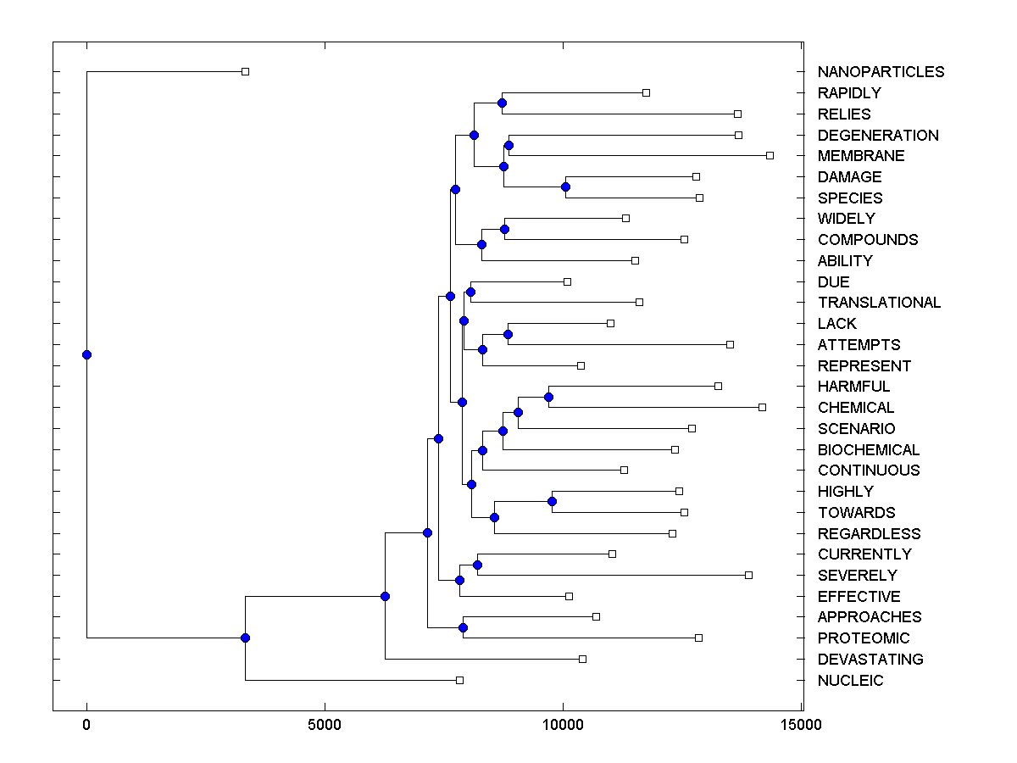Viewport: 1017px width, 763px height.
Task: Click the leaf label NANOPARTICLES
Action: coord(881,72)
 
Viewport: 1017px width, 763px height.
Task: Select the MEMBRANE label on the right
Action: coord(861,156)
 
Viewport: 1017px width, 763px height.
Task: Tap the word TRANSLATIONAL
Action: coord(879,303)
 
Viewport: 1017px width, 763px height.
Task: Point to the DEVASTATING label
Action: coord(870,660)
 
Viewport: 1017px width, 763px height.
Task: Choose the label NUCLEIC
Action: coord(850,681)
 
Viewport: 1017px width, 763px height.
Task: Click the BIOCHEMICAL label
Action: coord(869,450)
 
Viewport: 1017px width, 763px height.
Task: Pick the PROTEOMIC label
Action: coord(864,638)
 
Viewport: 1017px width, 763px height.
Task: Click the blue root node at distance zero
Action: coord(86,354)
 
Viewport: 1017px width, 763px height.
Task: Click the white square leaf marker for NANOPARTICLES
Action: coord(245,72)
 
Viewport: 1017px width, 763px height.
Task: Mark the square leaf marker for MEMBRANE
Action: coord(770,155)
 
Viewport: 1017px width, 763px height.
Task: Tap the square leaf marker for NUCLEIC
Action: coord(459,680)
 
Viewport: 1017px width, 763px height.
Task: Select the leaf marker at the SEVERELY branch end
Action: coord(748,575)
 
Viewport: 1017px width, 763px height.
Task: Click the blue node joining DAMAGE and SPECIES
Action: coord(565,187)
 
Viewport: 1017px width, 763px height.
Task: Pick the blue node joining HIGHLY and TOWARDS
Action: coord(552,501)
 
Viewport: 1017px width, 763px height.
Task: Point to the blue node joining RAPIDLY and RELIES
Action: coord(502,103)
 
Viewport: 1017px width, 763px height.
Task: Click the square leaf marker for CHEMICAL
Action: coord(762,408)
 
